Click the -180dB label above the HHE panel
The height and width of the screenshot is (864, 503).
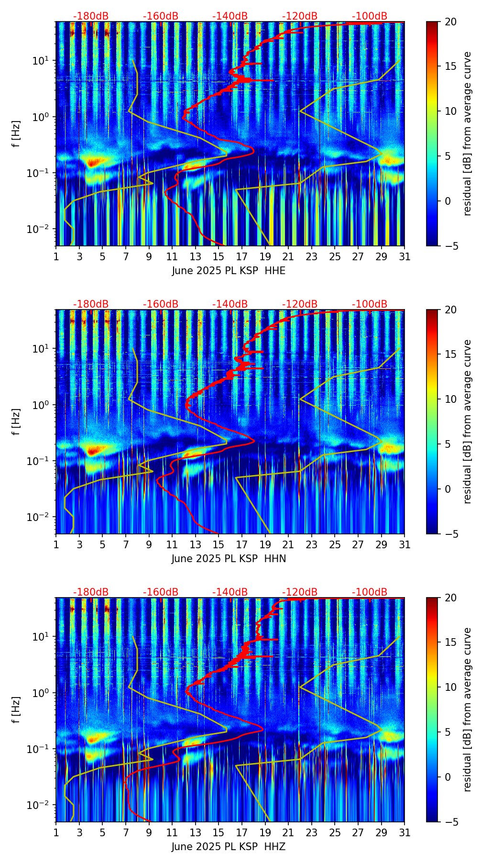pyautogui.click(x=91, y=16)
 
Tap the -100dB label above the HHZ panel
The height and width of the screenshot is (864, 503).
pyautogui.click(x=370, y=592)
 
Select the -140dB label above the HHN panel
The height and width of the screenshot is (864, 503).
pyautogui.click(x=230, y=304)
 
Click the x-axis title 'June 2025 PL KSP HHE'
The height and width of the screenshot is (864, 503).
pyautogui.click(x=229, y=271)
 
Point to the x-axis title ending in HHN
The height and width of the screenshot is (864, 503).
pyautogui.click(x=229, y=559)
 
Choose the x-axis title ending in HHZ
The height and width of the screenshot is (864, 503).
pyautogui.click(x=229, y=847)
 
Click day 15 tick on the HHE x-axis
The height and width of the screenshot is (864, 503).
pyautogui.click(x=219, y=256)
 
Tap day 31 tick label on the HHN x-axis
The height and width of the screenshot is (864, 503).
pyautogui.click(x=405, y=544)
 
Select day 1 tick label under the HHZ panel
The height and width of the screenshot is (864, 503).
pyautogui.click(x=56, y=832)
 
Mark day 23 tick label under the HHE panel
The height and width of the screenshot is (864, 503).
pyautogui.click(x=311, y=256)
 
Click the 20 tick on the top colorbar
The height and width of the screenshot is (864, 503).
pyautogui.click(x=449, y=22)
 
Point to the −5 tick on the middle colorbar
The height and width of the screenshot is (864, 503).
pyautogui.click(x=448, y=533)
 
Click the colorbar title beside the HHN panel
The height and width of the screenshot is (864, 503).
pyautogui.click(x=467, y=421)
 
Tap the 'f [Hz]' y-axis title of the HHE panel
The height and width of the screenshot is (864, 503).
pyautogui.click(x=16, y=133)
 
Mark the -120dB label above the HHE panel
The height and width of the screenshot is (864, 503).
pyautogui.click(x=300, y=16)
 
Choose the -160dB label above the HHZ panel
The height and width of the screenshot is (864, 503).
pyautogui.click(x=161, y=592)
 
